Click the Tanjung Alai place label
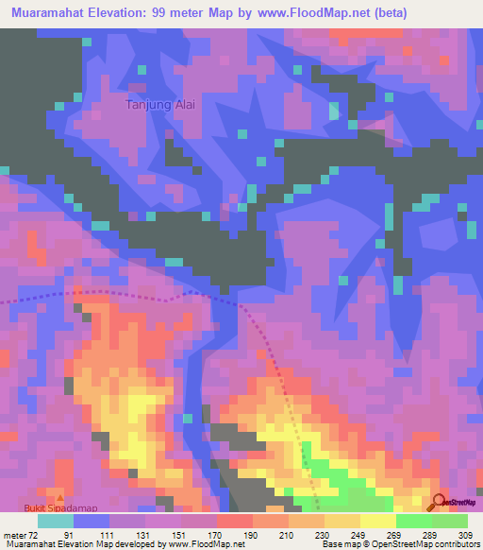click(159, 105)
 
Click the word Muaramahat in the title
click(48, 13)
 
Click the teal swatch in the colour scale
click(56, 521)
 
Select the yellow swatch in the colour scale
click(377, 521)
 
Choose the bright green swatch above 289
click(413, 521)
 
